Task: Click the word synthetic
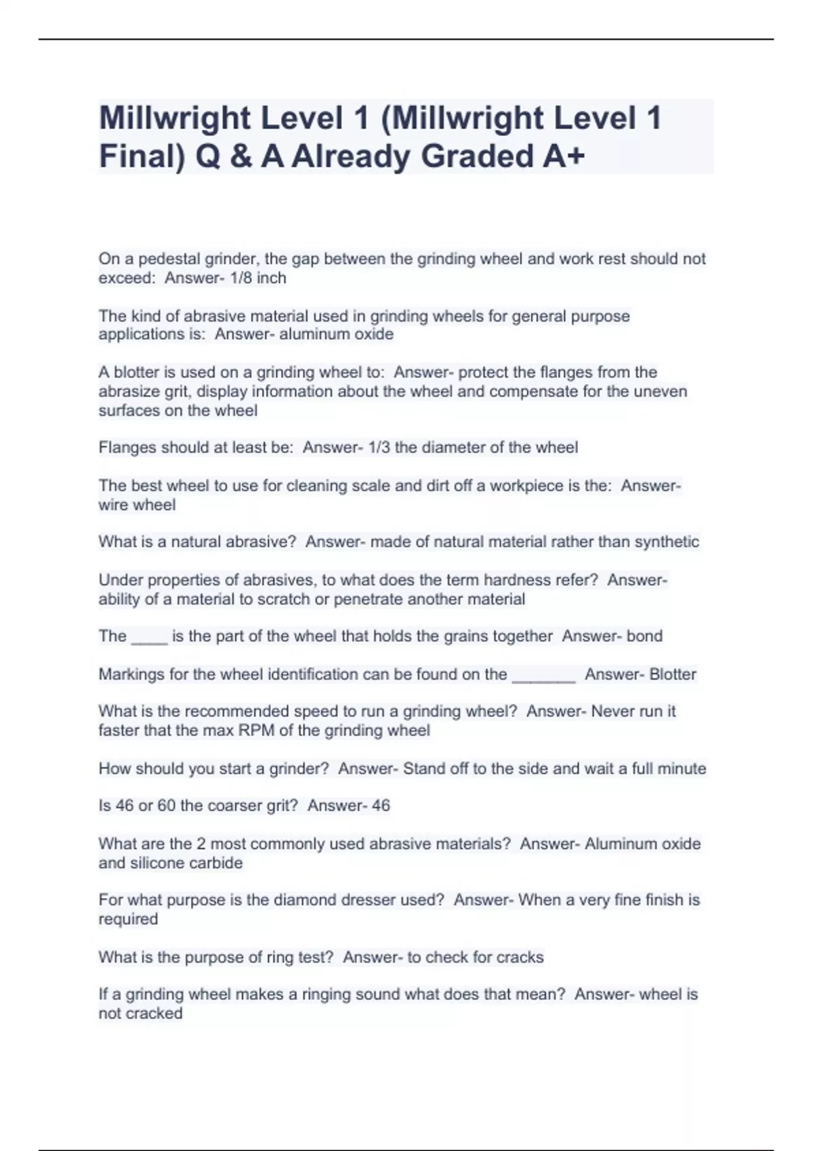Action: [x=667, y=542]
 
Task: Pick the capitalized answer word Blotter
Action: [x=673, y=674]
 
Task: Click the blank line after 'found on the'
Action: [x=543, y=676]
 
